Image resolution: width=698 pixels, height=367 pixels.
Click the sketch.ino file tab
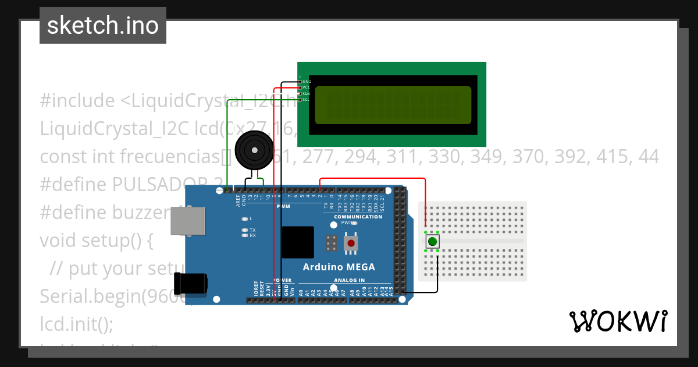coord(103,26)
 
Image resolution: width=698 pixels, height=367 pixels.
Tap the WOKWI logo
coord(618,321)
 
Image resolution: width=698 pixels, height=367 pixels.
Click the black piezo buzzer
coord(254,150)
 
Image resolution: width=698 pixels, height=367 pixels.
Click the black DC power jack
coord(193,283)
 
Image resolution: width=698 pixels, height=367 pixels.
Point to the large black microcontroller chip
coord(298,242)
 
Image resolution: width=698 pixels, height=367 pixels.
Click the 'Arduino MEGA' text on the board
coord(339,267)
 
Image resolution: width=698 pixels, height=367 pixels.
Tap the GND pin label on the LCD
coord(307,82)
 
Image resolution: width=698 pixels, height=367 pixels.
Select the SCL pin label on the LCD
coord(306,100)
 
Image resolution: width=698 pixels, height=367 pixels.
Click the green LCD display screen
coord(393,105)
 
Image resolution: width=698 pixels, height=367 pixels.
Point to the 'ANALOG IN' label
coord(350,280)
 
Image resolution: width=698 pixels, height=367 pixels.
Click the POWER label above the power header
coord(282,280)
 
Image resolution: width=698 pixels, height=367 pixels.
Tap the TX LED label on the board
coord(252,230)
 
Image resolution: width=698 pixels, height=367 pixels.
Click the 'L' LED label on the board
coord(251,219)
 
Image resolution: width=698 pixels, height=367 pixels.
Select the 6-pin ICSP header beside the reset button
coord(332,244)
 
